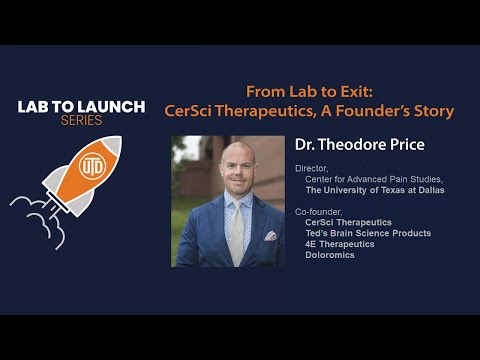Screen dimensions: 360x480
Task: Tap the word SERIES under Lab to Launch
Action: click(x=81, y=120)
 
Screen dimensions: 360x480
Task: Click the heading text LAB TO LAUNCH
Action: click(x=81, y=106)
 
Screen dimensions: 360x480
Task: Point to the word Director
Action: click(x=311, y=169)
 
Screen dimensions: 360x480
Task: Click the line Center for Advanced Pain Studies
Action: click(x=361, y=179)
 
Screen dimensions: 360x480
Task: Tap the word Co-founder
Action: click(x=317, y=212)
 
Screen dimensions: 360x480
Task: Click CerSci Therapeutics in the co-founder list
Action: click(x=348, y=222)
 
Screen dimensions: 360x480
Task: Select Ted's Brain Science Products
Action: click(x=368, y=233)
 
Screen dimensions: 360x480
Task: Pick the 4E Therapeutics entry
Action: click(x=340, y=244)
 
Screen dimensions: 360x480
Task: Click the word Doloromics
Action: click(x=330, y=255)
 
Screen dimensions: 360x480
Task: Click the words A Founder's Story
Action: click(x=394, y=110)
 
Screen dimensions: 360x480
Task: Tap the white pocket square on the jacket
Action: click(x=269, y=236)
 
